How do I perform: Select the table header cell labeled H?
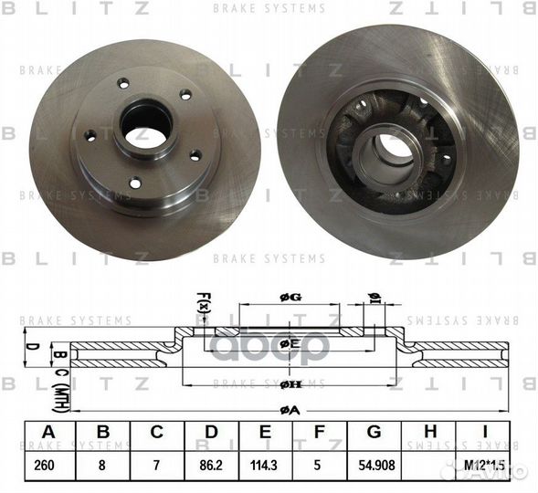point(432,432)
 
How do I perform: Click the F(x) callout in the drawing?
point(205,301)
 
